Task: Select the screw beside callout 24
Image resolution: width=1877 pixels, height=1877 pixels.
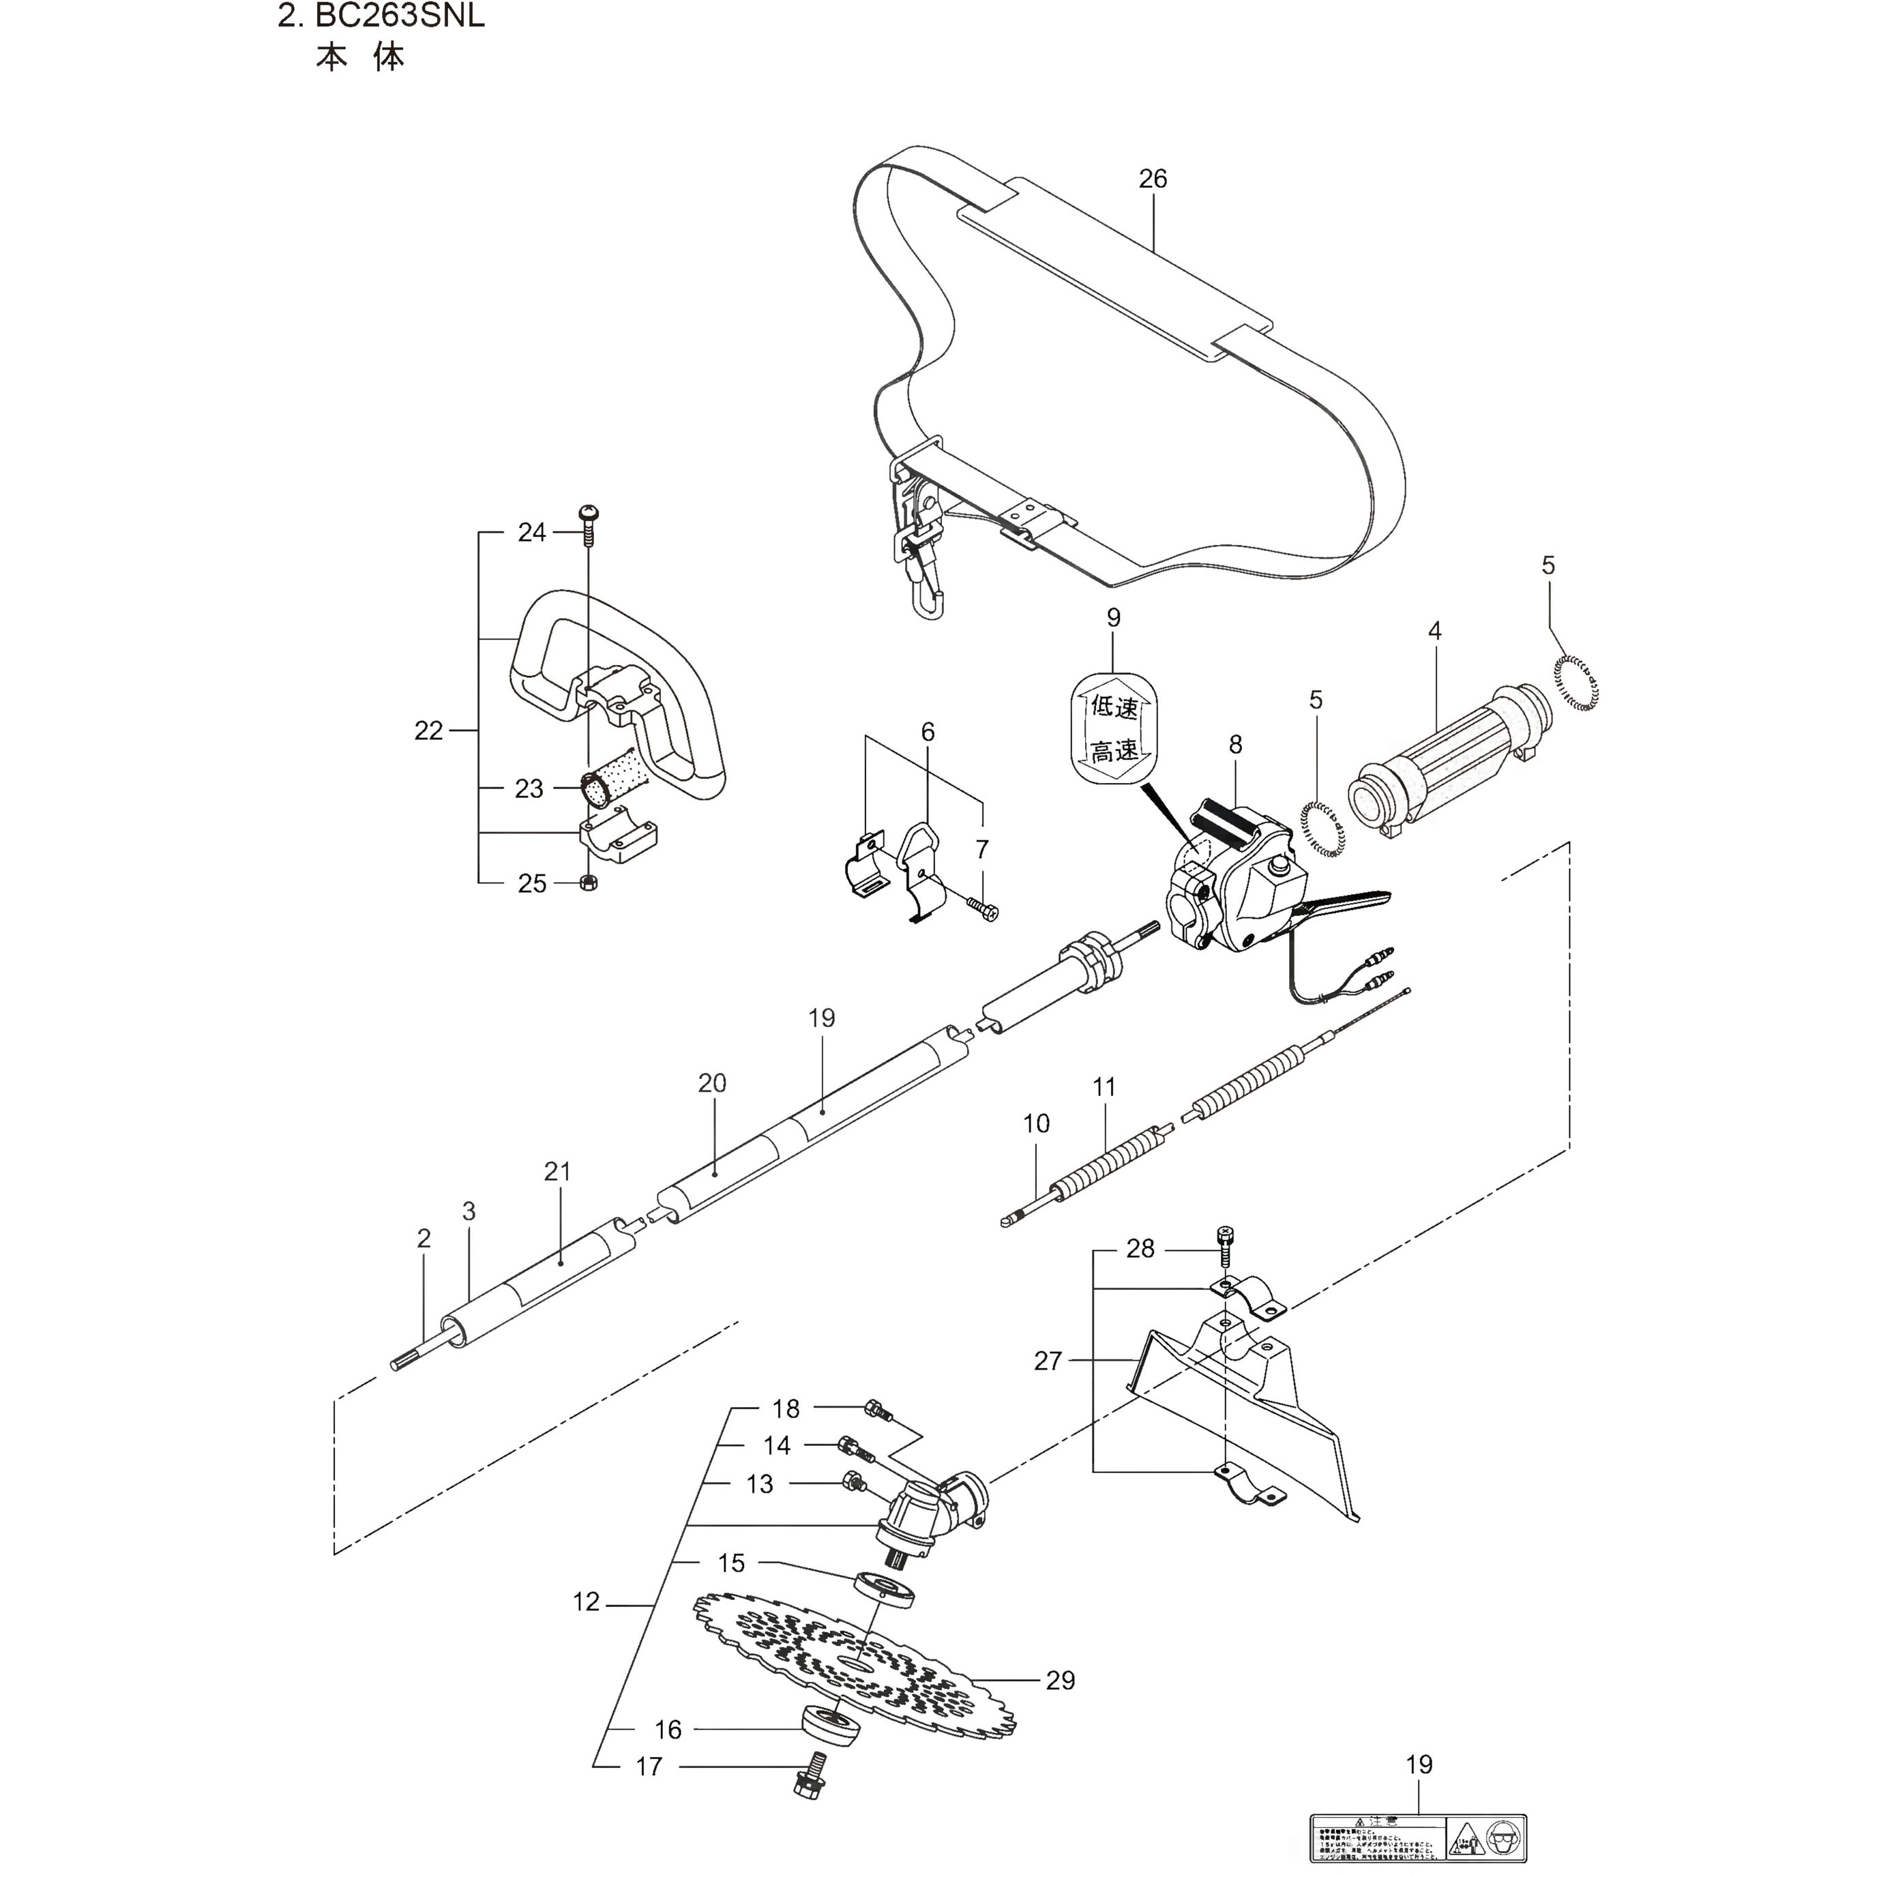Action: pyautogui.click(x=589, y=524)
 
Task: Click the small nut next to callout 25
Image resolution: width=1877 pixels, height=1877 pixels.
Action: pyautogui.click(x=588, y=882)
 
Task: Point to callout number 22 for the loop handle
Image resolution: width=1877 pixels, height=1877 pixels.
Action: pyautogui.click(x=428, y=730)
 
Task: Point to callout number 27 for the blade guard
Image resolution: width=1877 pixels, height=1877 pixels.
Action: pyautogui.click(x=1048, y=1361)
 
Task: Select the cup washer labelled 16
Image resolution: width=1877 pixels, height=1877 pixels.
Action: pyautogui.click(x=831, y=1731)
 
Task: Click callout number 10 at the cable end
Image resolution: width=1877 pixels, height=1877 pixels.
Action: pyautogui.click(x=1035, y=1123)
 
